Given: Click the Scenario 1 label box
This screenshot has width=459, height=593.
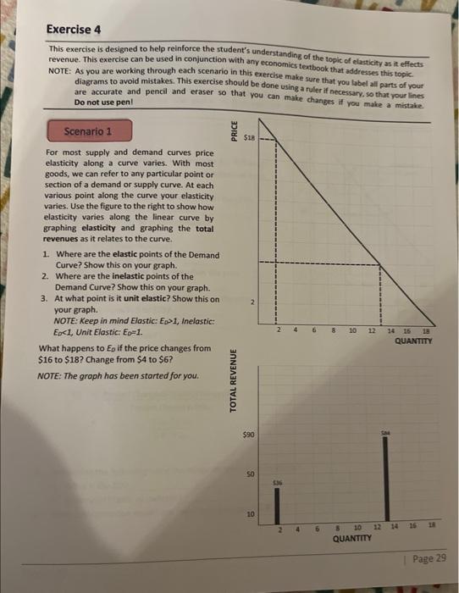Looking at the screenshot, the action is coord(87,132).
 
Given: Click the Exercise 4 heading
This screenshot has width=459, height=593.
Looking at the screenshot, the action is coord(74,30).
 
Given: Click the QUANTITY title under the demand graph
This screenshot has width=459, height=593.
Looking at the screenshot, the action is coord(413,341).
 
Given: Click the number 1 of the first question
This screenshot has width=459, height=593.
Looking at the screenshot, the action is coord(44,255).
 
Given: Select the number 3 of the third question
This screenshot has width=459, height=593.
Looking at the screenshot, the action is coord(44,299).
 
